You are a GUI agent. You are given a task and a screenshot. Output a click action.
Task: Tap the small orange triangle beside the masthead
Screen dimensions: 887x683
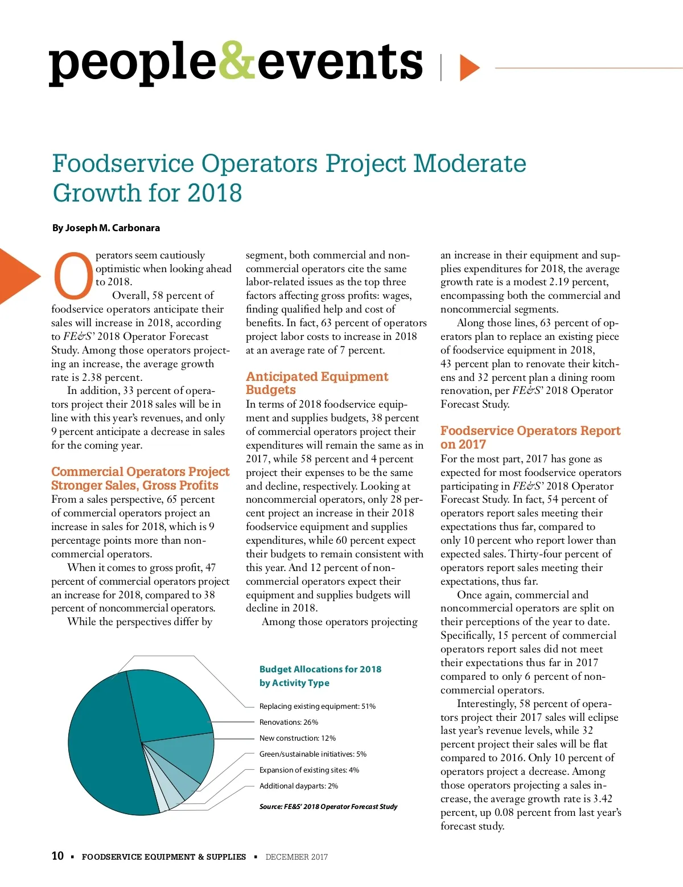coord(468,68)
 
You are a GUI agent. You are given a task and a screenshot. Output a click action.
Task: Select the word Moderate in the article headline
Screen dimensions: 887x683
coord(469,163)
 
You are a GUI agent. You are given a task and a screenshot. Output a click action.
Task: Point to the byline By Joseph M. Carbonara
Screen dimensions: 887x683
coord(106,228)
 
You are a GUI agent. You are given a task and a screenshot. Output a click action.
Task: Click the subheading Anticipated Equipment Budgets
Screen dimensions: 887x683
coord(316,383)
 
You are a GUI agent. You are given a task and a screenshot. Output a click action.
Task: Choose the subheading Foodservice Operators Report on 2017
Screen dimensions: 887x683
coord(530,437)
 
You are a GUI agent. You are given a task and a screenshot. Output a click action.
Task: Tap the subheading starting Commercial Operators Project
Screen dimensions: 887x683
coord(140,478)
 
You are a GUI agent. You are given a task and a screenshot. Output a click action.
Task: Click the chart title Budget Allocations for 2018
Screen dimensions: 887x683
coord(320,676)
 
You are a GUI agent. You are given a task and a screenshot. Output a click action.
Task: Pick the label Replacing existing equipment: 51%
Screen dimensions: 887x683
coord(317,707)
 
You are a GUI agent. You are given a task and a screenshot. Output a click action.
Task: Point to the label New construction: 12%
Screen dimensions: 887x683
coord(297,738)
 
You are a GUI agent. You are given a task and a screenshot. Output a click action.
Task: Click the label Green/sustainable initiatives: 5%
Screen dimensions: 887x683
coord(312,754)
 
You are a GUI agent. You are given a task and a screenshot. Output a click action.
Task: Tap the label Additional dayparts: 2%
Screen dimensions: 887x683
coord(298,786)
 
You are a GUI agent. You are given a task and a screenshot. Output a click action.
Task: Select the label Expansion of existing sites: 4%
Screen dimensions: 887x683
coord(309,770)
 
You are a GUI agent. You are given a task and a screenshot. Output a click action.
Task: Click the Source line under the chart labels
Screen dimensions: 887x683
coord(328,807)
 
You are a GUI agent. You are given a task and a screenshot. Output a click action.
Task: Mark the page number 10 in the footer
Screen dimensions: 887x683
coord(57,856)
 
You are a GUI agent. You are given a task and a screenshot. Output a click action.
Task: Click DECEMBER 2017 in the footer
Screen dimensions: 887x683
coord(297,857)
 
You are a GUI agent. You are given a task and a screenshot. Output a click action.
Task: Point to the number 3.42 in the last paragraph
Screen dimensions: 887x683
coord(601,799)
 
